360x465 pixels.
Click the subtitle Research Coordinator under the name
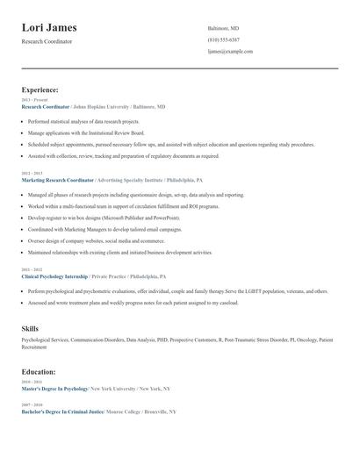coord(47,41)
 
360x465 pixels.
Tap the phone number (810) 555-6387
coord(223,39)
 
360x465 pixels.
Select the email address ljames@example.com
coord(230,51)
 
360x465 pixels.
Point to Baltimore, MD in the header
coord(223,28)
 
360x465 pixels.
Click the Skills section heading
coord(30,328)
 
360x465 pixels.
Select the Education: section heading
coord(39,371)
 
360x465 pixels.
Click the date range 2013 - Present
coord(33,100)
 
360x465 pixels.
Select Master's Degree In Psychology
coord(54,388)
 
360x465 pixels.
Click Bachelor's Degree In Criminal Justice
coord(62,411)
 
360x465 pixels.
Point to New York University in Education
coord(112,388)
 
